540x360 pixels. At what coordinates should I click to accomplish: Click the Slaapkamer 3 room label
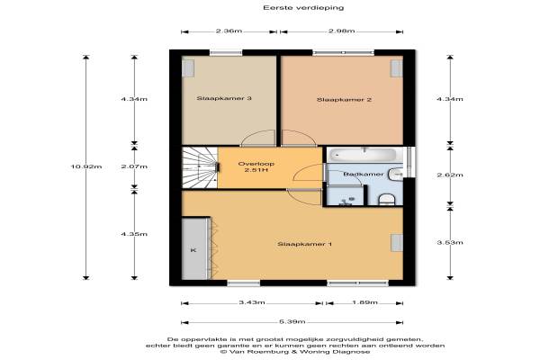(224, 98)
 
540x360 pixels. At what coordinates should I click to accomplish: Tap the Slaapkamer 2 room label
(344, 100)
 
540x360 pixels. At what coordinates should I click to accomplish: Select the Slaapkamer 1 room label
(304, 244)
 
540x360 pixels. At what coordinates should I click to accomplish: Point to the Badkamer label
(363, 175)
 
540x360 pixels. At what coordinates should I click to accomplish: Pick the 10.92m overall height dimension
(86, 166)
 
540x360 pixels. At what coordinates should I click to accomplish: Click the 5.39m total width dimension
(292, 322)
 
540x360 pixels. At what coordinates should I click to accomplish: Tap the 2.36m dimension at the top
(229, 31)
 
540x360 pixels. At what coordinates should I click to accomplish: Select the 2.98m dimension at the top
(341, 31)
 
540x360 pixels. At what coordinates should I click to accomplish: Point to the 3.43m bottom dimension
(252, 302)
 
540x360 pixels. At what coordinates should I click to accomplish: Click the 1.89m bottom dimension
(364, 302)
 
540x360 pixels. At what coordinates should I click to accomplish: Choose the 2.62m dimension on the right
(450, 175)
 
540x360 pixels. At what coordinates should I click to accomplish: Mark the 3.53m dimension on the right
(450, 242)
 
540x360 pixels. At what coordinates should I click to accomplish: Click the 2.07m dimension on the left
(134, 166)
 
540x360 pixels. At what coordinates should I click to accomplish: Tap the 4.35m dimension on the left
(134, 234)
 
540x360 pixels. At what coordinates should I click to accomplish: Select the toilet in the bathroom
(386, 200)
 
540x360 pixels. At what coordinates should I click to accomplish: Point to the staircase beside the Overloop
(200, 167)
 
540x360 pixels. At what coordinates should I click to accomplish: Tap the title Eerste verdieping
(303, 7)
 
